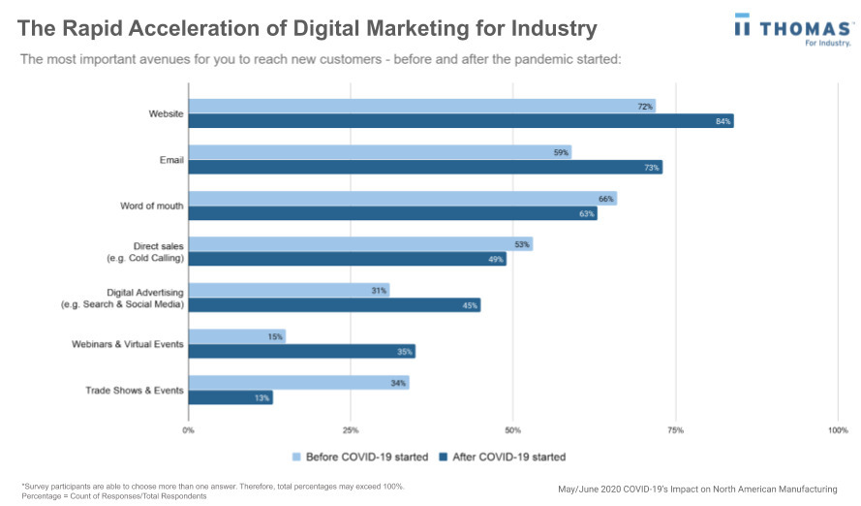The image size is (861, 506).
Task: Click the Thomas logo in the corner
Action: [793, 29]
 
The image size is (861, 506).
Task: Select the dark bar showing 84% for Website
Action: [460, 121]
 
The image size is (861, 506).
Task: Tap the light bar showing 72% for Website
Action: [421, 106]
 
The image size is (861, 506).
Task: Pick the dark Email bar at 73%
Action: [424, 168]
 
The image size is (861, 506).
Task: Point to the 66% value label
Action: [606, 199]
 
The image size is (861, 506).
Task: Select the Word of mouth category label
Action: [152, 206]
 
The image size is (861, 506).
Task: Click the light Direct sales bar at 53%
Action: [359, 244]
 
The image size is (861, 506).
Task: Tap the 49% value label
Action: [496, 260]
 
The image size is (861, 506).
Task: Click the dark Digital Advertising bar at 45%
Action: [334, 305]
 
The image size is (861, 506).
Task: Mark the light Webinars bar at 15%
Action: [236, 336]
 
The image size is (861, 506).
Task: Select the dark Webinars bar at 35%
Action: [301, 352]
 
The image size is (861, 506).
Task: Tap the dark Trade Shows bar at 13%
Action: [230, 397]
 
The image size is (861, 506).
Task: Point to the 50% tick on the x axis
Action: [513, 429]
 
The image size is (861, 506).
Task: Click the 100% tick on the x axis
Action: [838, 429]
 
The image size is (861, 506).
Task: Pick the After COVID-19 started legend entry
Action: [502, 457]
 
